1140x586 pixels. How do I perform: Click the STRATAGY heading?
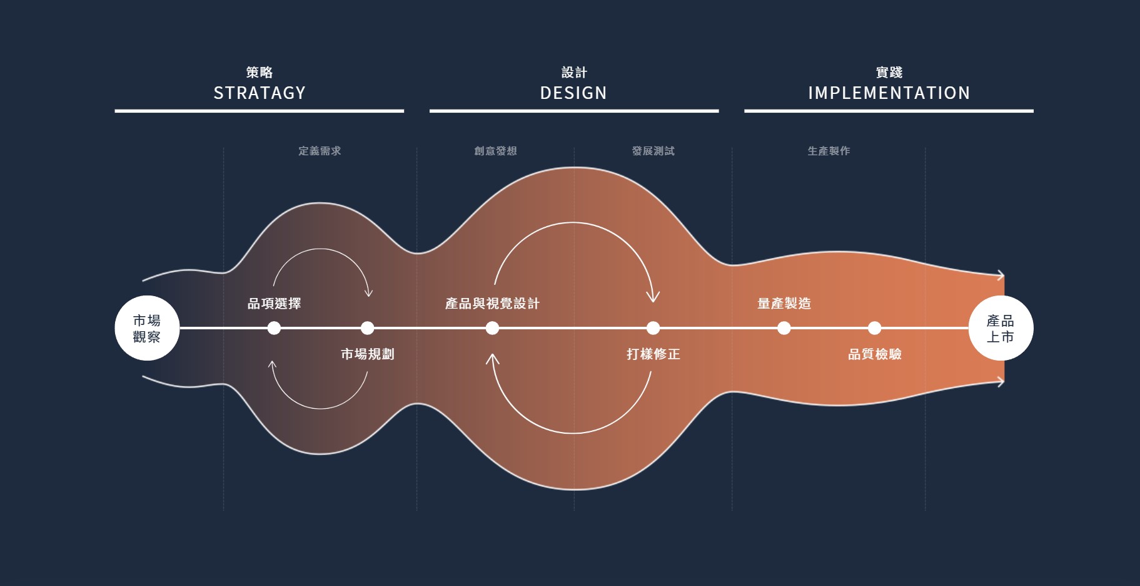tap(260, 93)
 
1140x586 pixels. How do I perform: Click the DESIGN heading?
tap(573, 93)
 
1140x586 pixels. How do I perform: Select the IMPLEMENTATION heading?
tap(889, 93)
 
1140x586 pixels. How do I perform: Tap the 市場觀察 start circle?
tap(147, 328)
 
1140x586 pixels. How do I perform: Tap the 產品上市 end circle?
tap(1001, 328)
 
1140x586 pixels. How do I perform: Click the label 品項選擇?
tap(274, 304)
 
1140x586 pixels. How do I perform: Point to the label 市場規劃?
tap(367, 354)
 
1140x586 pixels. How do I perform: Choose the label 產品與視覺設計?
tap(492, 304)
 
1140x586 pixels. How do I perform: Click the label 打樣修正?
tap(653, 354)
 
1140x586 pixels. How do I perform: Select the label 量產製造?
tap(784, 304)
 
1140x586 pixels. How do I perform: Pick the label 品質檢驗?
tap(874, 354)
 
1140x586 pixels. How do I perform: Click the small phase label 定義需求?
tap(320, 151)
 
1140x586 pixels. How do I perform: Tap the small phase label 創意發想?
tap(495, 151)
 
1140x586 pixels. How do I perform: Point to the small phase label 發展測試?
tap(653, 151)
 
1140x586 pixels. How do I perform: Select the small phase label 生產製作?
tap(829, 151)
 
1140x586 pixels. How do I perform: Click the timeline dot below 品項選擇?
tap(274, 328)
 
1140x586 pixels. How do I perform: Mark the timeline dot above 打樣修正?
tap(653, 328)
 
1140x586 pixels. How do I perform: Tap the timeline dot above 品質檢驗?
tap(874, 328)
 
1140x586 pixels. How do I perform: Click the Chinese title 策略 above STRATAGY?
tap(260, 73)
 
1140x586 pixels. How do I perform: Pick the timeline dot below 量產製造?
tap(784, 328)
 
